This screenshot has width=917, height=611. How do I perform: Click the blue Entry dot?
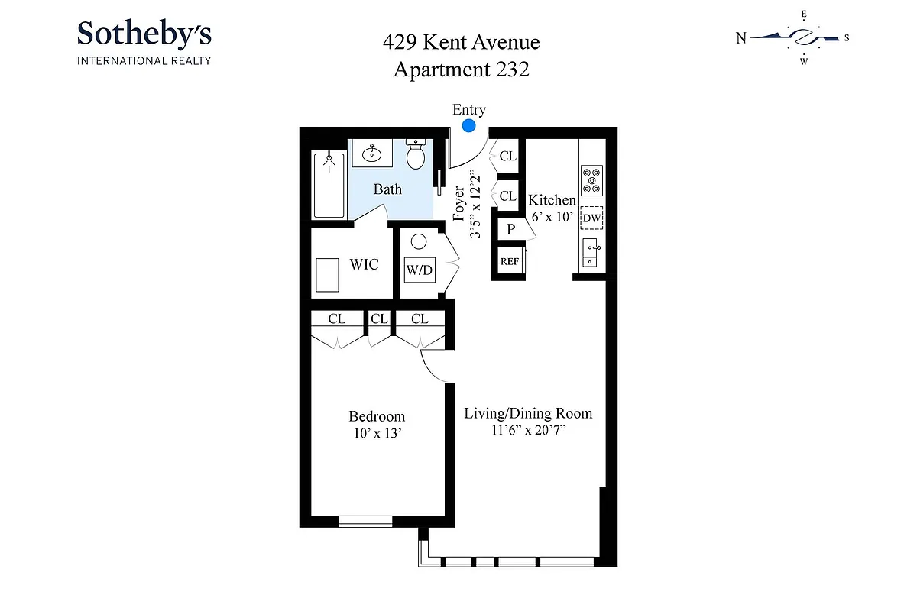click(x=469, y=125)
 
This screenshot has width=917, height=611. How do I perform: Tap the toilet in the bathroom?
click(x=415, y=155)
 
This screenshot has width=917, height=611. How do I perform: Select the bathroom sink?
click(x=372, y=154)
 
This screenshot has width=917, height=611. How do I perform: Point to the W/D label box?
click(x=418, y=269)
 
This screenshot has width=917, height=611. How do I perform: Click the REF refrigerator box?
click(x=510, y=261)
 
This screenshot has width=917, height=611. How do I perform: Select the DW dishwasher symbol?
click(x=591, y=219)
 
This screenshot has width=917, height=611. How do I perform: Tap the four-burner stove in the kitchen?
click(x=591, y=179)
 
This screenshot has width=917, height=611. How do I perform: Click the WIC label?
click(x=364, y=265)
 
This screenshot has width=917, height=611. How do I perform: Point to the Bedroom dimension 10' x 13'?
click(x=376, y=433)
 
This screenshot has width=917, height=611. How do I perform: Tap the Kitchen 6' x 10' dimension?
click(x=552, y=216)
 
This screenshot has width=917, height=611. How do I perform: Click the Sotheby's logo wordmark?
click(x=144, y=34)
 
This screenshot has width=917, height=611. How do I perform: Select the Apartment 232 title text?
click(x=461, y=70)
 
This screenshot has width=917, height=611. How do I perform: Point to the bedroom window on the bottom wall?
click(x=365, y=522)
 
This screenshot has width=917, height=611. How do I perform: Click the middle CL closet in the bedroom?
click(x=378, y=319)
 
